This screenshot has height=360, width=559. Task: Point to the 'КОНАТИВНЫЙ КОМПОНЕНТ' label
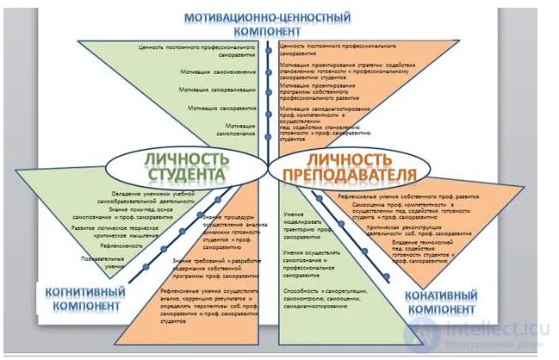pos(440,301)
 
